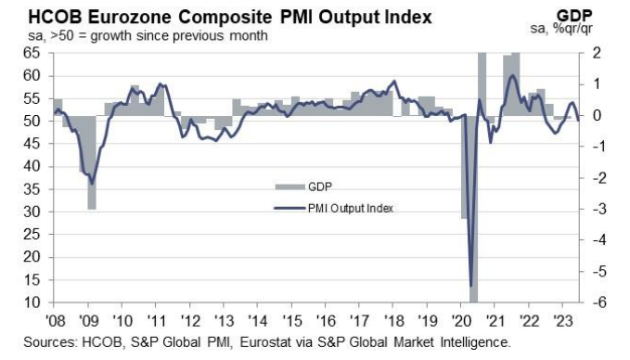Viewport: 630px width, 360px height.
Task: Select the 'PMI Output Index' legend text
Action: pos(350,208)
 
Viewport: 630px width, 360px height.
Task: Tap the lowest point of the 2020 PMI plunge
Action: pos(471,285)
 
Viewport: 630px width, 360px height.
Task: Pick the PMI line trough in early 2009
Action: pos(90,184)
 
